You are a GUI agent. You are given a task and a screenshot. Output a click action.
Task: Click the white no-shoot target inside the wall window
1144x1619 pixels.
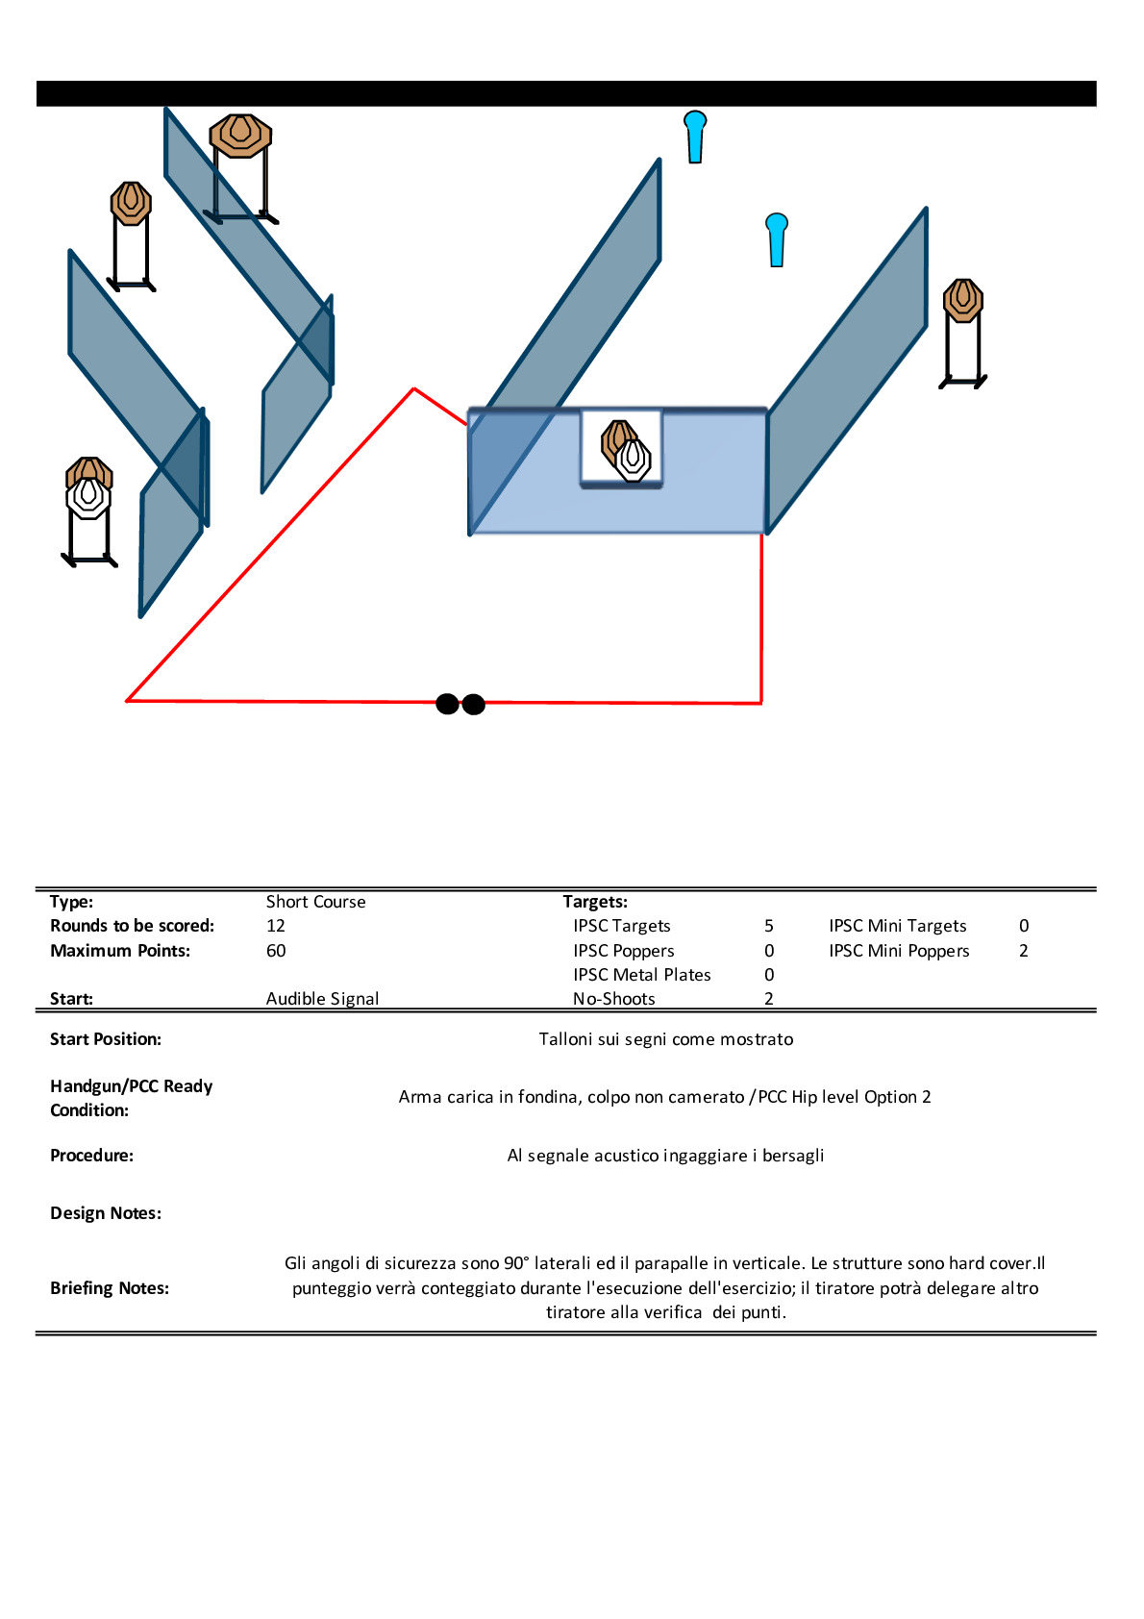point(634,459)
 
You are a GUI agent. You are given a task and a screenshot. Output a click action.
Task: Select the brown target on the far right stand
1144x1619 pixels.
point(962,300)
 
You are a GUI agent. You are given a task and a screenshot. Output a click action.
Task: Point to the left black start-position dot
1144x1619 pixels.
point(447,704)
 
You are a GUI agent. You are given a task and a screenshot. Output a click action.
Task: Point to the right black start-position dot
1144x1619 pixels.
point(473,705)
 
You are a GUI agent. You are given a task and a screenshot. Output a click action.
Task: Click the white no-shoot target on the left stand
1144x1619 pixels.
point(88,497)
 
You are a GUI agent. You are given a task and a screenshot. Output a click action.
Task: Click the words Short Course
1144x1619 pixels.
point(315,902)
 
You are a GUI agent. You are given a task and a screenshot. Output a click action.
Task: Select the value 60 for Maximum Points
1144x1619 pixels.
point(276,951)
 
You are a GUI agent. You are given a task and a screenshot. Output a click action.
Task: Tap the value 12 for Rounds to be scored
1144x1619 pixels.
point(276,926)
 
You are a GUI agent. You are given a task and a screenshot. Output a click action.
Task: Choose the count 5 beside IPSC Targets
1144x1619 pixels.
point(769,926)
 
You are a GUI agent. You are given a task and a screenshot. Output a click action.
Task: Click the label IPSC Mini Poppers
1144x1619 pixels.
point(899,951)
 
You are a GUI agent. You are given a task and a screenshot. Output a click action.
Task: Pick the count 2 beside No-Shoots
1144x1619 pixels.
point(769,999)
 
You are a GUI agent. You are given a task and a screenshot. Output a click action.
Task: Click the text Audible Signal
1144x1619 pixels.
point(322,999)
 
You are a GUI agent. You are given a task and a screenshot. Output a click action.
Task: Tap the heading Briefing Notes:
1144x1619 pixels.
point(110,1288)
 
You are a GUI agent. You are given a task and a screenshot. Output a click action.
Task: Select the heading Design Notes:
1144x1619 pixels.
point(106,1213)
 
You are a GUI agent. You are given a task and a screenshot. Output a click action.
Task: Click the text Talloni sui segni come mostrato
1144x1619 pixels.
point(666,1039)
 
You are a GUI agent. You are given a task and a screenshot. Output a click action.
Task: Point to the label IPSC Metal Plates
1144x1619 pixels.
point(642,975)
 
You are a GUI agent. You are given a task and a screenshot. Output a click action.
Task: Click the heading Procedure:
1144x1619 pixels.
point(91,1156)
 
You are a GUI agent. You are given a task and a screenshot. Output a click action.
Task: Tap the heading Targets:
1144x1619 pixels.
point(595,902)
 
